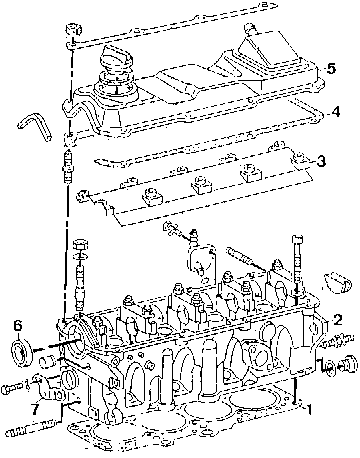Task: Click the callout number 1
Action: click(309, 409)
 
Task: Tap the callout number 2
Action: click(337, 320)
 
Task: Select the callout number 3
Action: click(320, 162)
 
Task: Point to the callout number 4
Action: click(336, 112)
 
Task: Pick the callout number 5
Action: click(331, 69)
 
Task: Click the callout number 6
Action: click(18, 325)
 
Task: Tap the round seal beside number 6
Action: click(21, 353)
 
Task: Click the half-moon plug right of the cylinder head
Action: click(338, 283)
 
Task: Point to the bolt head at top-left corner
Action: click(73, 29)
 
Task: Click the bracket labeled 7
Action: click(47, 387)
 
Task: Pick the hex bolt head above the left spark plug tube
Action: click(80, 244)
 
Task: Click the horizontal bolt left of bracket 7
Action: click(14, 388)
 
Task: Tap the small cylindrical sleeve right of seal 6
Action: click(46, 362)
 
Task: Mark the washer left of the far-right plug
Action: click(329, 367)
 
